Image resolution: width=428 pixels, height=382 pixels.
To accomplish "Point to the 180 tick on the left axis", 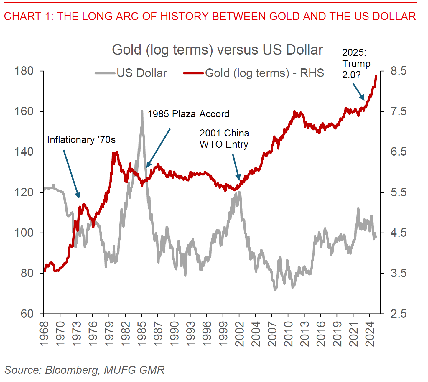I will [x=24, y=71].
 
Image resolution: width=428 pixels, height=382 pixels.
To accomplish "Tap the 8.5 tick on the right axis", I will [x=398, y=71].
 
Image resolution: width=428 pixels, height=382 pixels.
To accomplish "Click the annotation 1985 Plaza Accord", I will [x=188, y=114].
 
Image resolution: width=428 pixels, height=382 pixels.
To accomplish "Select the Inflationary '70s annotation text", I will [x=81, y=140].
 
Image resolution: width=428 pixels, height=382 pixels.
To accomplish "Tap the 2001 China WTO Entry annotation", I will [x=224, y=139].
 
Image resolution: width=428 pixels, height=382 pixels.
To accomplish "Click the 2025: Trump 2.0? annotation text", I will [x=356, y=64].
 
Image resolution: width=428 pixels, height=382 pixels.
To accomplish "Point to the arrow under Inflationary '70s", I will [x=71, y=174].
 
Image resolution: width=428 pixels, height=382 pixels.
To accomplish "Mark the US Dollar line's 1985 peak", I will [x=142, y=111].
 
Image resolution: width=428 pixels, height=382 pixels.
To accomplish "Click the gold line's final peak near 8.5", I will [x=376, y=76].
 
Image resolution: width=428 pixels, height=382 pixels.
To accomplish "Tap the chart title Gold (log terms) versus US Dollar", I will [x=217, y=50].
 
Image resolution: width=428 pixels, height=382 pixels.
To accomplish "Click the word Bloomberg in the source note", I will [x=71, y=370].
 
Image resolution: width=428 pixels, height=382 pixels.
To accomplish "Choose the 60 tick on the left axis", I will [x=27, y=314].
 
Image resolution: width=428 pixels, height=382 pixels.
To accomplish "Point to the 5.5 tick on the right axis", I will [x=398, y=192].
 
